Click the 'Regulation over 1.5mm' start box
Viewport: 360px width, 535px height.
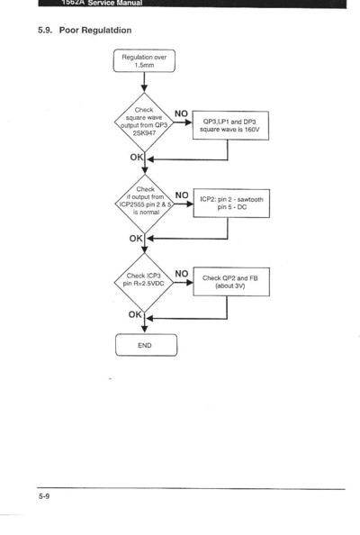tap(144, 60)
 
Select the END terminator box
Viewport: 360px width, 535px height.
tap(146, 345)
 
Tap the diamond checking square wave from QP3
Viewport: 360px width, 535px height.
tap(144, 122)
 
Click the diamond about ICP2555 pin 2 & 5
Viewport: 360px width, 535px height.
tap(145, 204)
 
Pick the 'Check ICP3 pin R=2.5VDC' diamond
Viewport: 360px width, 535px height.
tap(144, 283)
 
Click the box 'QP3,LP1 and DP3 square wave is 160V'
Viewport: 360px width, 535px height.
tap(230, 125)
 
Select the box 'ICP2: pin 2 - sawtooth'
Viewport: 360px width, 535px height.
tap(231, 203)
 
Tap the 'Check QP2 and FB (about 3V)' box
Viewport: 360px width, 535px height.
tap(231, 282)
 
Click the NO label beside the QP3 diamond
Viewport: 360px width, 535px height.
tap(182, 113)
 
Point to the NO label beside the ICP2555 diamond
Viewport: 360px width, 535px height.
tap(182, 195)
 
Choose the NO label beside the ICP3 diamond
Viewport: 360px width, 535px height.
tap(182, 274)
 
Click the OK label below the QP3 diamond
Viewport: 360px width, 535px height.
tap(137, 158)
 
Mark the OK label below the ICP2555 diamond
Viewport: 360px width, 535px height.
tap(136, 239)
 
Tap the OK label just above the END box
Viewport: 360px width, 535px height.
tap(135, 314)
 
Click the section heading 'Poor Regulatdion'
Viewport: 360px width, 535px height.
tap(95, 31)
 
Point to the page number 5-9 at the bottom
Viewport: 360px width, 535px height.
tap(44, 496)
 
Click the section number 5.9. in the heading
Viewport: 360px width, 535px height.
tap(45, 31)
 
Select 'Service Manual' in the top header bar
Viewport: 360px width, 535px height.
tap(115, 3)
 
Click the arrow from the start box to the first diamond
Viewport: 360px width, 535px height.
tap(144, 82)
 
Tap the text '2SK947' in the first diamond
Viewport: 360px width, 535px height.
tap(144, 133)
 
